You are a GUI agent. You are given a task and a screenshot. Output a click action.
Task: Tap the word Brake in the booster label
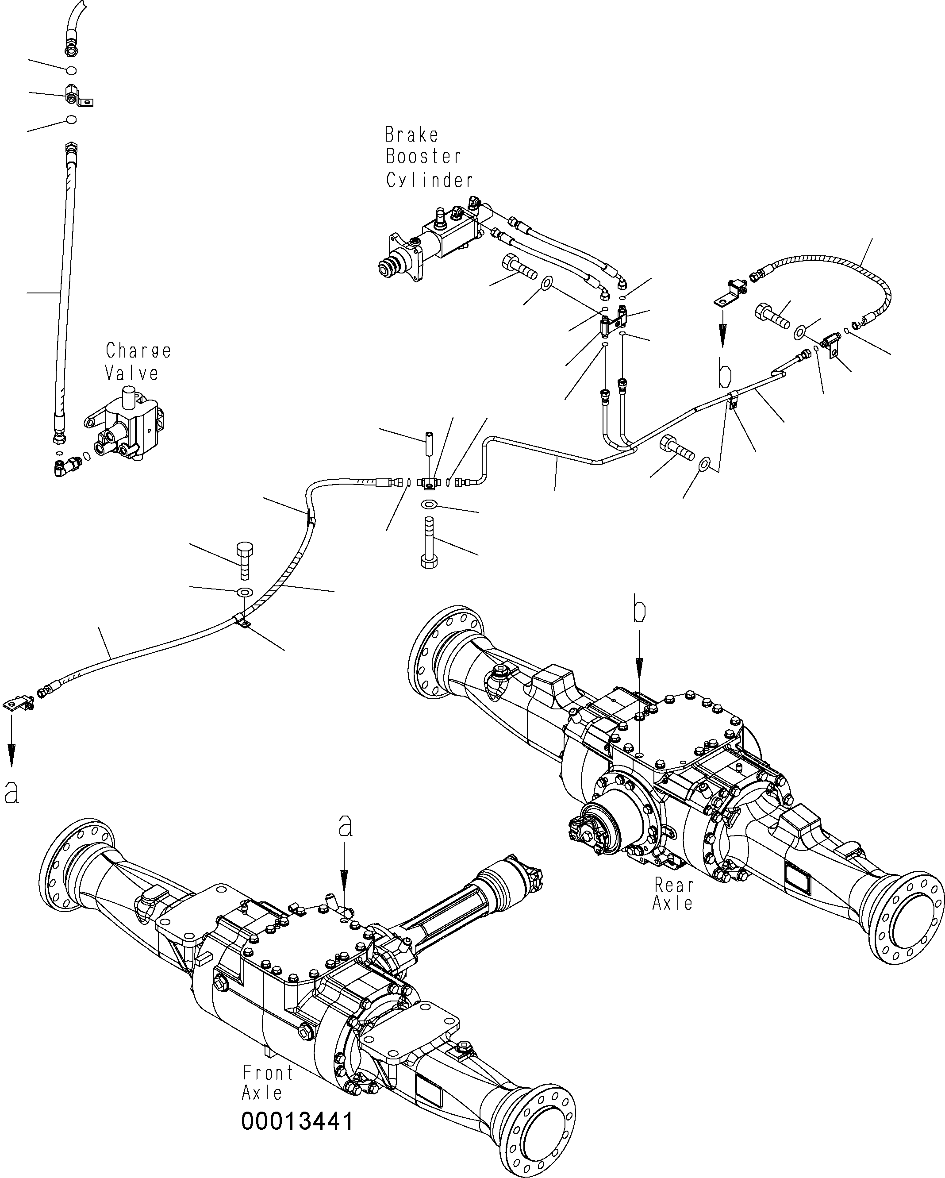click(411, 135)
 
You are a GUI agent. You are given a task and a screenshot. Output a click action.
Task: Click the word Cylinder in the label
click(429, 180)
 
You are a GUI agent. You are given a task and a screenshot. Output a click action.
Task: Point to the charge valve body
click(128, 421)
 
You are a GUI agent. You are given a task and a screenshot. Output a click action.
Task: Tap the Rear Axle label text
click(673, 893)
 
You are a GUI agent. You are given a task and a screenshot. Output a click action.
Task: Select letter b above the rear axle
click(640, 612)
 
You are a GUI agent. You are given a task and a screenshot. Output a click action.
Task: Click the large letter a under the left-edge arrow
click(12, 792)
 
